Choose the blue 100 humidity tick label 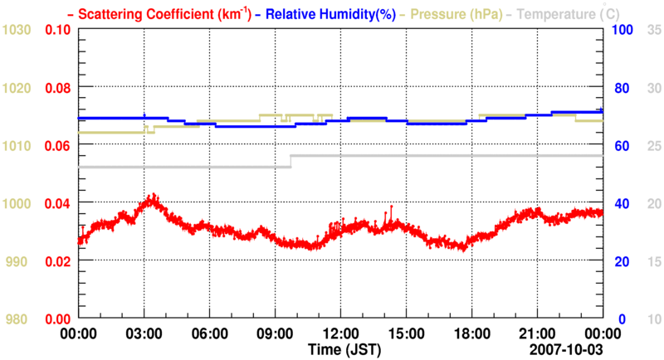(623, 30)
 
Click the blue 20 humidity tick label (620, 261)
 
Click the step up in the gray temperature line (291, 161)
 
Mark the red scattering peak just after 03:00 (151, 197)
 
